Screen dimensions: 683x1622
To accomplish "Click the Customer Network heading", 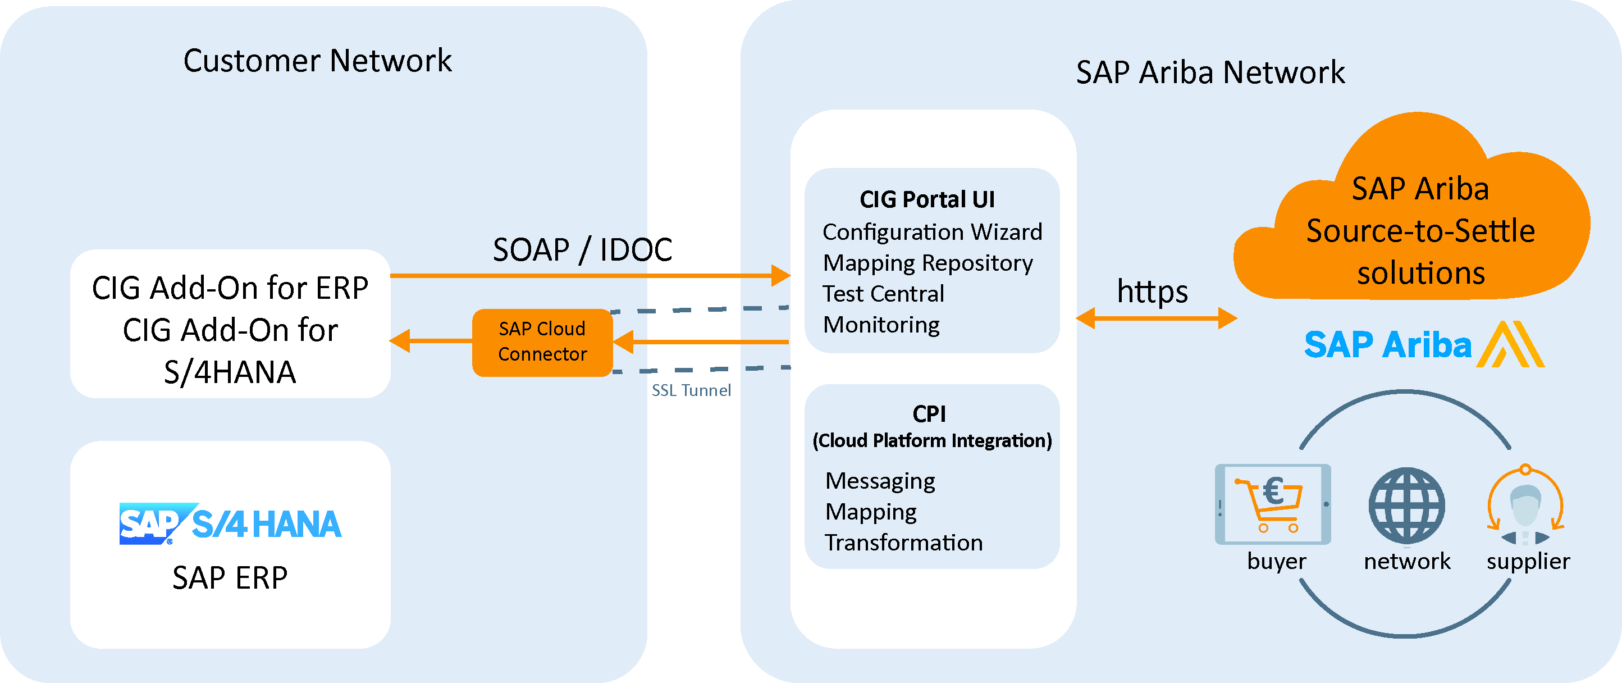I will (x=317, y=61).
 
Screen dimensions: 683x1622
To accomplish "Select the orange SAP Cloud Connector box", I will (x=542, y=342).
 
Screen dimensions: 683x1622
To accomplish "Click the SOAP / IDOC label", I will (x=582, y=249).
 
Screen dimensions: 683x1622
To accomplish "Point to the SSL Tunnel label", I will (x=691, y=390).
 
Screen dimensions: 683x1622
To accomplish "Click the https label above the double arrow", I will (x=1152, y=292).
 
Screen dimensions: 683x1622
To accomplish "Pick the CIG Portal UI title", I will (x=927, y=200).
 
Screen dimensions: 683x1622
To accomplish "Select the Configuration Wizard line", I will (x=932, y=232).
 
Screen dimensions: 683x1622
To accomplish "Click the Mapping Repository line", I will (x=927, y=263).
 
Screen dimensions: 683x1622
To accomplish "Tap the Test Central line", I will (x=883, y=294).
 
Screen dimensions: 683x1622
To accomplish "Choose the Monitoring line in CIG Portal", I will (x=881, y=325).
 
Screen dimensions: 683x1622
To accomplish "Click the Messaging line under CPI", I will (x=880, y=481).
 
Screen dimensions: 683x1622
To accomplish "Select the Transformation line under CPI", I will (x=903, y=543).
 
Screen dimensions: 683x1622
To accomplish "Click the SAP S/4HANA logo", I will (x=230, y=523).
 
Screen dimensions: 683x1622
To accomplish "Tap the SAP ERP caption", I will (x=230, y=578).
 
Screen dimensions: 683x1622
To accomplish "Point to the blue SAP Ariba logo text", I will (x=1388, y=345).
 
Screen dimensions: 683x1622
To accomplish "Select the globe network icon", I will (x=1406, y=506).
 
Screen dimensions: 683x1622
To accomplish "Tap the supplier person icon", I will (x=1525, y=507).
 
